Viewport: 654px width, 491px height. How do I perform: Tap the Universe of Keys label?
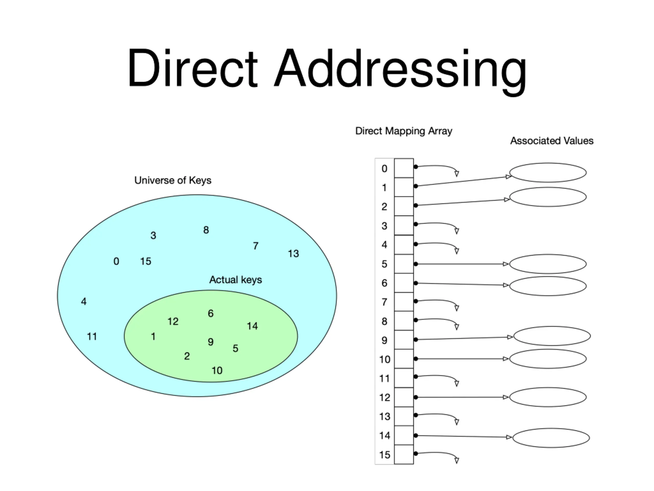173,180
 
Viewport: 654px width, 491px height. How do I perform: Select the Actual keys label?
235,280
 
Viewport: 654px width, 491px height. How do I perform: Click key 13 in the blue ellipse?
293,254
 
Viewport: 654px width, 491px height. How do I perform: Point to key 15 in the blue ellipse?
145,261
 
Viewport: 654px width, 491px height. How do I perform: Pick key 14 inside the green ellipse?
252,326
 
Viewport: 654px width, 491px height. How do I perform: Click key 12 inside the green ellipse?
173,321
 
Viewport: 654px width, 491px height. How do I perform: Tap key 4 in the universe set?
84,302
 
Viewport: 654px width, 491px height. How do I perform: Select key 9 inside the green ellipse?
211,342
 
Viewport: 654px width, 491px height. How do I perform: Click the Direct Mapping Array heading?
404,131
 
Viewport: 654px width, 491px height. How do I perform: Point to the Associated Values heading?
552,141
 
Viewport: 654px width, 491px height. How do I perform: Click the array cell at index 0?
404,168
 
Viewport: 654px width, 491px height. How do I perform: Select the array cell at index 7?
404,302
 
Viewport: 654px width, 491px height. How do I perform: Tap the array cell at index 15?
404,454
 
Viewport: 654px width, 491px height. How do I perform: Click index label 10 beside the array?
385,359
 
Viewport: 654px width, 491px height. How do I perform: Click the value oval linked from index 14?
551,438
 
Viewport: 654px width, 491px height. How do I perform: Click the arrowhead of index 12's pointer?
506,397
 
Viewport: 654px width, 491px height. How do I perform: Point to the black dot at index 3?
416,224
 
